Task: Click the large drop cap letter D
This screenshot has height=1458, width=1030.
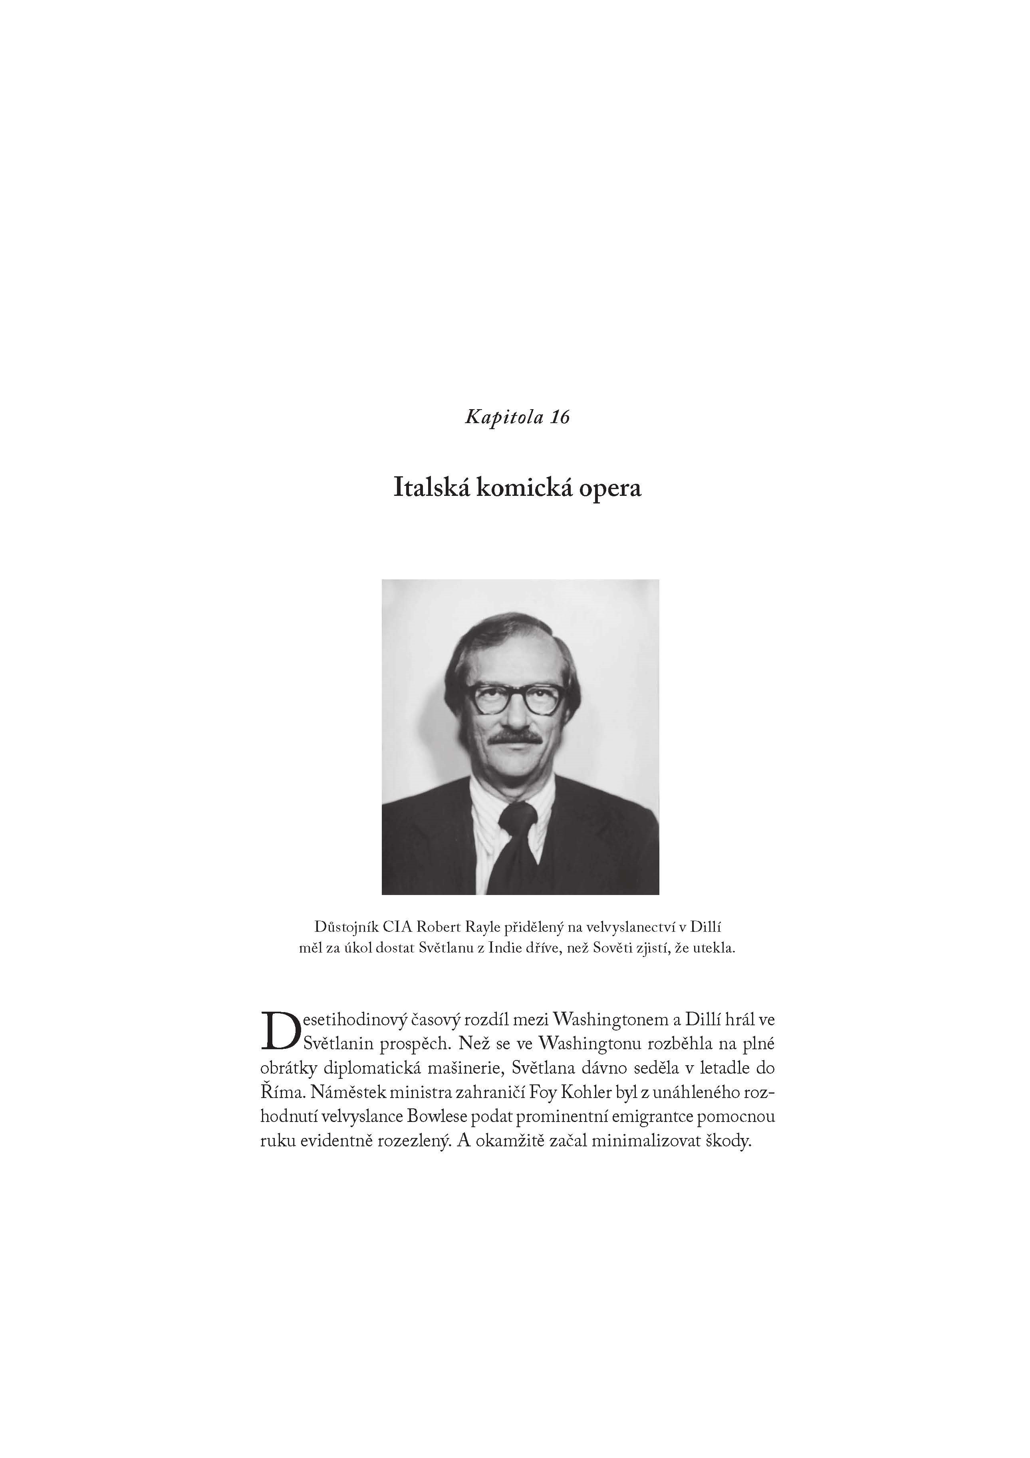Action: [x=277, y=1030]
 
